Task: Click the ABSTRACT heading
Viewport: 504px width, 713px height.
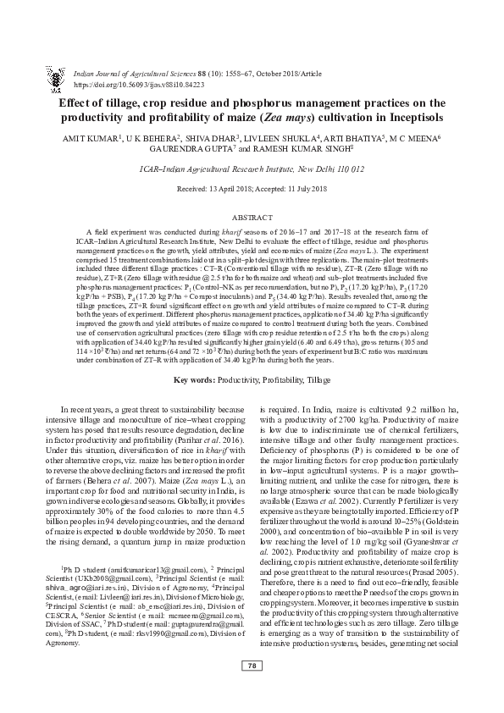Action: coord(252,218)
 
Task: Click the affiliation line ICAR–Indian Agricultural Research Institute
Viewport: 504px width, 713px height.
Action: coord(252,169)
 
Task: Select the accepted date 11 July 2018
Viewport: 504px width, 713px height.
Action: coord(298,191)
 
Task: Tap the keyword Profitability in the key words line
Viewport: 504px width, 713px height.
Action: coord(281,379)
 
